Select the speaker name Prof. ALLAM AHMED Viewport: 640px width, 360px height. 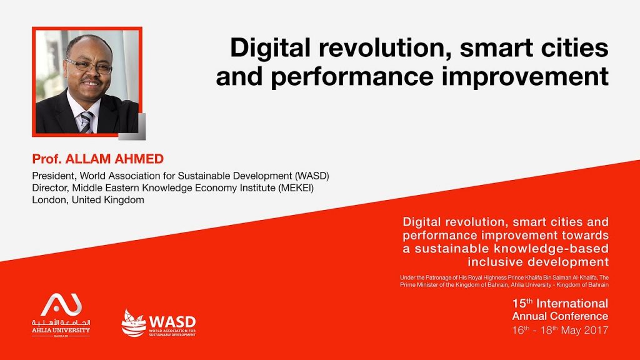click(98, 159)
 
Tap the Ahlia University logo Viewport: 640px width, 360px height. click(61, 315)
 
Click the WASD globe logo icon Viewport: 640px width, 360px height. click(134, 323)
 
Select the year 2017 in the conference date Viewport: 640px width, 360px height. click(596, 330)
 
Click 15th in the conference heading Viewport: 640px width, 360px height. click(523, 303)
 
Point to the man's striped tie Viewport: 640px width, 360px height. click(86, 122)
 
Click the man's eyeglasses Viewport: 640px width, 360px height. click(89, 66)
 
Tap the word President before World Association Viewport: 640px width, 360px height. click(54, 176)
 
